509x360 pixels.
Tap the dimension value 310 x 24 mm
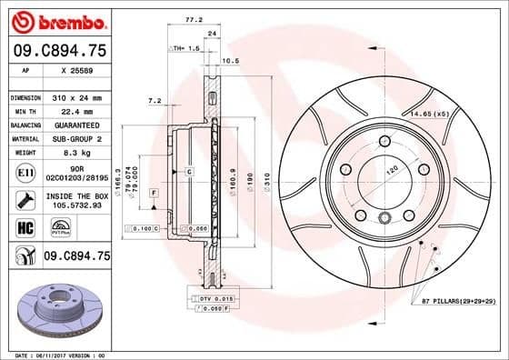point(77,97)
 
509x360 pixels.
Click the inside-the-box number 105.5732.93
point(77,205)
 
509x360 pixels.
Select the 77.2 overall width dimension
point(193,17)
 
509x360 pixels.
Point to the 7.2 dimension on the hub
point(155,101)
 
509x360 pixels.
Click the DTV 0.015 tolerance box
point(210,298)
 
